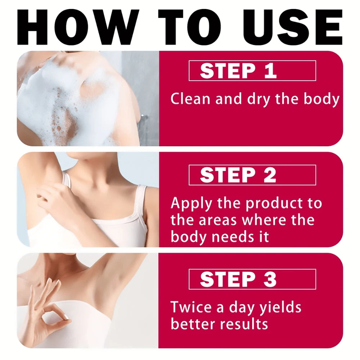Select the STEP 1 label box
coord(252,71)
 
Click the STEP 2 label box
coord(252,175)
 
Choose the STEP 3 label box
coord(252,279)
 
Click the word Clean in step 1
coord(190,99)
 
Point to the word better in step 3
coord(193,324)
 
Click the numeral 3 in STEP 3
coord(269,279)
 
